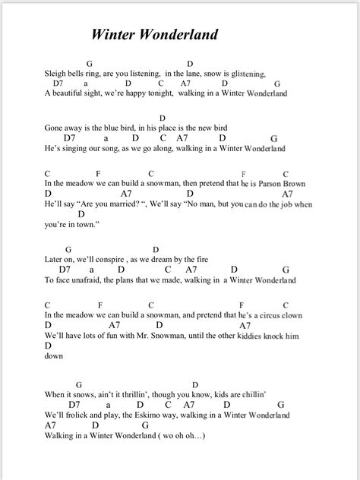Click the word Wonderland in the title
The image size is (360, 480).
tap(183, 34)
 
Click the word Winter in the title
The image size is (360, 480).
tap(113, 34)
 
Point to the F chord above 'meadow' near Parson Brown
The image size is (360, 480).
tap(99, 173)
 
